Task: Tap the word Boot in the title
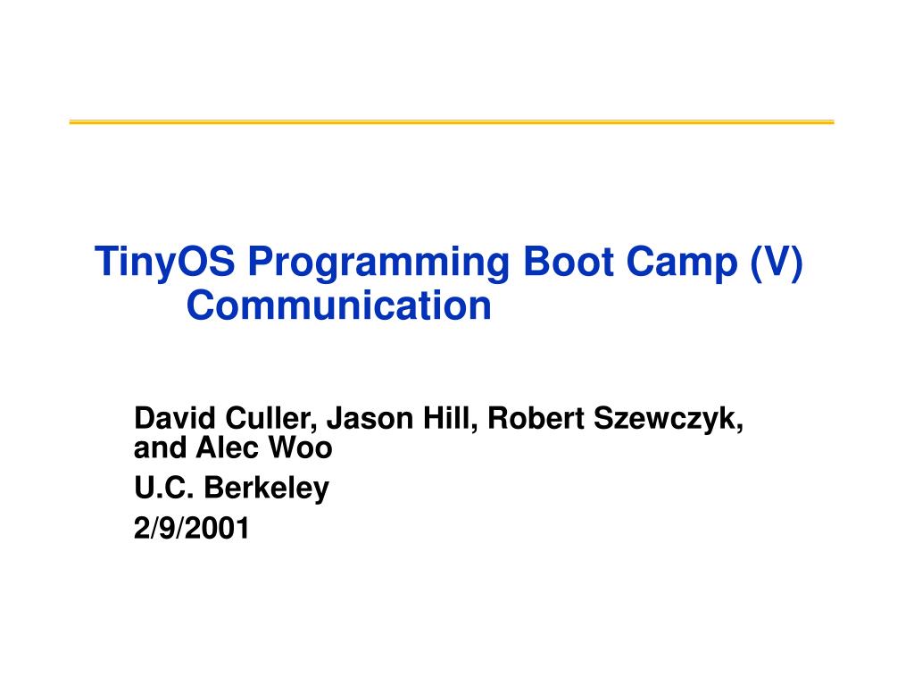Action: click(569, 262)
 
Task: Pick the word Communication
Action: click(339, 305)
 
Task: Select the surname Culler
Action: click(271, 419)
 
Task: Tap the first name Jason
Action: click(370, 418)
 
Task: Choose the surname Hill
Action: click(450, 419)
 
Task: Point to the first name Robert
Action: click(536, 418)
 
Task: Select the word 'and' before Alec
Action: click(161, 448)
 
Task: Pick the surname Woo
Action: click(300, 448)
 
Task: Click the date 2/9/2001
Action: click(191, 528)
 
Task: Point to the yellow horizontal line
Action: click(452, 121)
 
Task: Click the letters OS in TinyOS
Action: click(206, 262)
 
